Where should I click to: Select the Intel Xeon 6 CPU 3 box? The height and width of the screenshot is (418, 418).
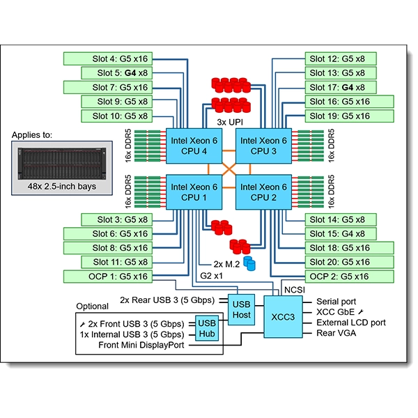264,146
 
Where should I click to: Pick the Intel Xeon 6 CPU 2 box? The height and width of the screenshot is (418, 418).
264,192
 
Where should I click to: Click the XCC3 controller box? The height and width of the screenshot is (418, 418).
284,316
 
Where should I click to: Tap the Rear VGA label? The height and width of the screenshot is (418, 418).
336,334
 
